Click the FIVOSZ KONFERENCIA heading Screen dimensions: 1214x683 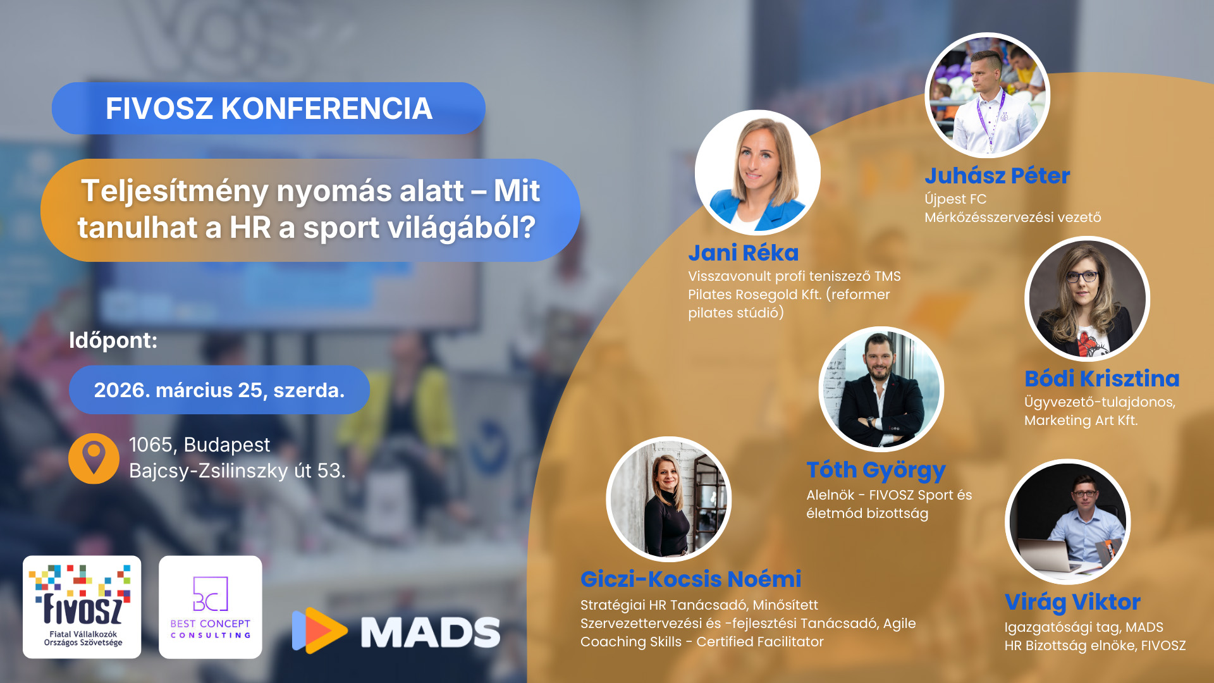[x=269, y=108]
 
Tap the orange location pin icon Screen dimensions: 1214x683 [x=94, y=458]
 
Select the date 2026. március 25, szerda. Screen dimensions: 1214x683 [x=219, y=390]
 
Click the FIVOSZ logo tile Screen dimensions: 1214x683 [x=82, y=607]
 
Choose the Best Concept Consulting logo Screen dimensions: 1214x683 [x=211, y=607]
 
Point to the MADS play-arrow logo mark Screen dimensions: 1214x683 [x=319, y=630]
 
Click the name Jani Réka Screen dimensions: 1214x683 [x=744, y=253]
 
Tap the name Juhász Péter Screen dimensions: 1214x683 [x=997, y=176]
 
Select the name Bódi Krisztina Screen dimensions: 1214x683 [x=1102, y=378]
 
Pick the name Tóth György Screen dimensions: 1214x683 [x=876, y=471]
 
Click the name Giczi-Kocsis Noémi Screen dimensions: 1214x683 [x=690, y=579]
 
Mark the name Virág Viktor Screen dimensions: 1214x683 [x=1072, y=602]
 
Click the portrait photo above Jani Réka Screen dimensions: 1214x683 [x=757, y=173]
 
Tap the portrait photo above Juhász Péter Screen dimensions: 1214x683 [x=987, y=95]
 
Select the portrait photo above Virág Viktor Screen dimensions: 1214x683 [x=1067, y=522]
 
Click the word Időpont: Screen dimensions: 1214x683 [x=113, y=340]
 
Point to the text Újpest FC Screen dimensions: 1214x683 [x=955, y=199]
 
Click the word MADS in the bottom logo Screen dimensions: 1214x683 [x=431, y=632]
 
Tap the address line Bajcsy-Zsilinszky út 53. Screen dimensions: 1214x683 [x=237, y=471]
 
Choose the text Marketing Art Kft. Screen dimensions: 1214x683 [x=1081, y=420]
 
